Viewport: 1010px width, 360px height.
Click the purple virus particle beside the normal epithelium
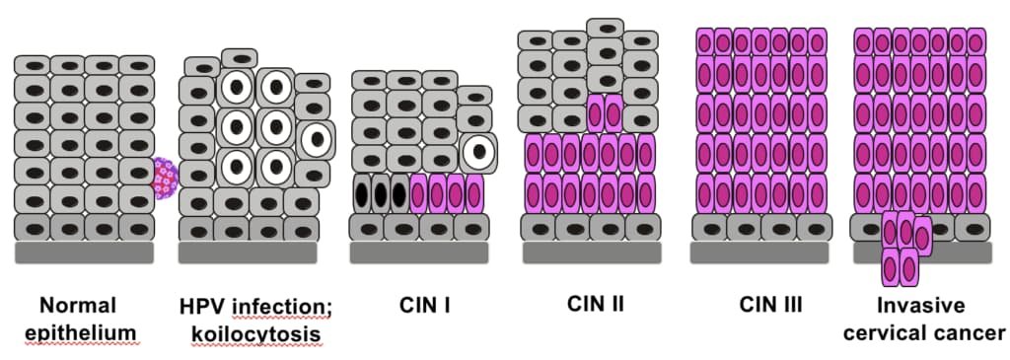coord(164,178)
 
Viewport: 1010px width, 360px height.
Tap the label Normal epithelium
coord(88,319)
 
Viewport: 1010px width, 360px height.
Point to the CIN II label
coord(595,304)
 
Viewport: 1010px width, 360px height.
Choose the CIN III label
coord(771,305)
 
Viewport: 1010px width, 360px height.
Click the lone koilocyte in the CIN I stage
coord(478,151)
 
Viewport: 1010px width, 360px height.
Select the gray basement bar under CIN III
coord(760,252)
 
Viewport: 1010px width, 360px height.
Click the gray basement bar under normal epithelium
coord(85,252)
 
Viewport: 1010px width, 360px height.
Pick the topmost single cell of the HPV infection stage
coord(241,58)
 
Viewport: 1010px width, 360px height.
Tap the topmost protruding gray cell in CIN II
coord(605,29)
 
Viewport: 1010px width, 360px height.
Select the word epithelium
coord(88,333)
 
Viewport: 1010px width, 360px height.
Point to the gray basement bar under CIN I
coord(419,252)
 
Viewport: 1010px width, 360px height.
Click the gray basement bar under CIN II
coord(592,252)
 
